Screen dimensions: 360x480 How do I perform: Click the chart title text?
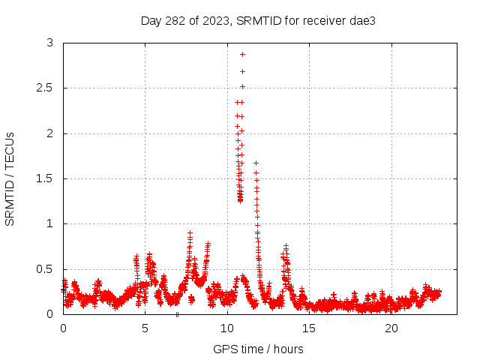257,20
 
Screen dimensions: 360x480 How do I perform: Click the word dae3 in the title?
361,20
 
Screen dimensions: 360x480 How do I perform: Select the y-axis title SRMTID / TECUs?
10,178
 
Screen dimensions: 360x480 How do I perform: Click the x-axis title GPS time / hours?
258,349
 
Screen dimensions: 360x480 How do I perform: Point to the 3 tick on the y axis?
50,43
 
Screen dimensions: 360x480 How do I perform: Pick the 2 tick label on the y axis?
50,133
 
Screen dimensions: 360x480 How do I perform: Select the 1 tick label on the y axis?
50,223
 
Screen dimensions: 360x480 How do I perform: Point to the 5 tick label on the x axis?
145,328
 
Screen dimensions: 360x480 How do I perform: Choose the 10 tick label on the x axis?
227,328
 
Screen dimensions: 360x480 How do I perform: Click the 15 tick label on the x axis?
310,328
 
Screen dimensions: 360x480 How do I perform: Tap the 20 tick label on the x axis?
391,328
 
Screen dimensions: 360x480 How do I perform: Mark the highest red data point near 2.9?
242,54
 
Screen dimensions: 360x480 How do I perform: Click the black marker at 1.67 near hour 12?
256,163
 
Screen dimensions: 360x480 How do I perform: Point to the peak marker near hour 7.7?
190,233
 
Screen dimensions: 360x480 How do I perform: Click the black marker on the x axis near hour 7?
177,314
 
